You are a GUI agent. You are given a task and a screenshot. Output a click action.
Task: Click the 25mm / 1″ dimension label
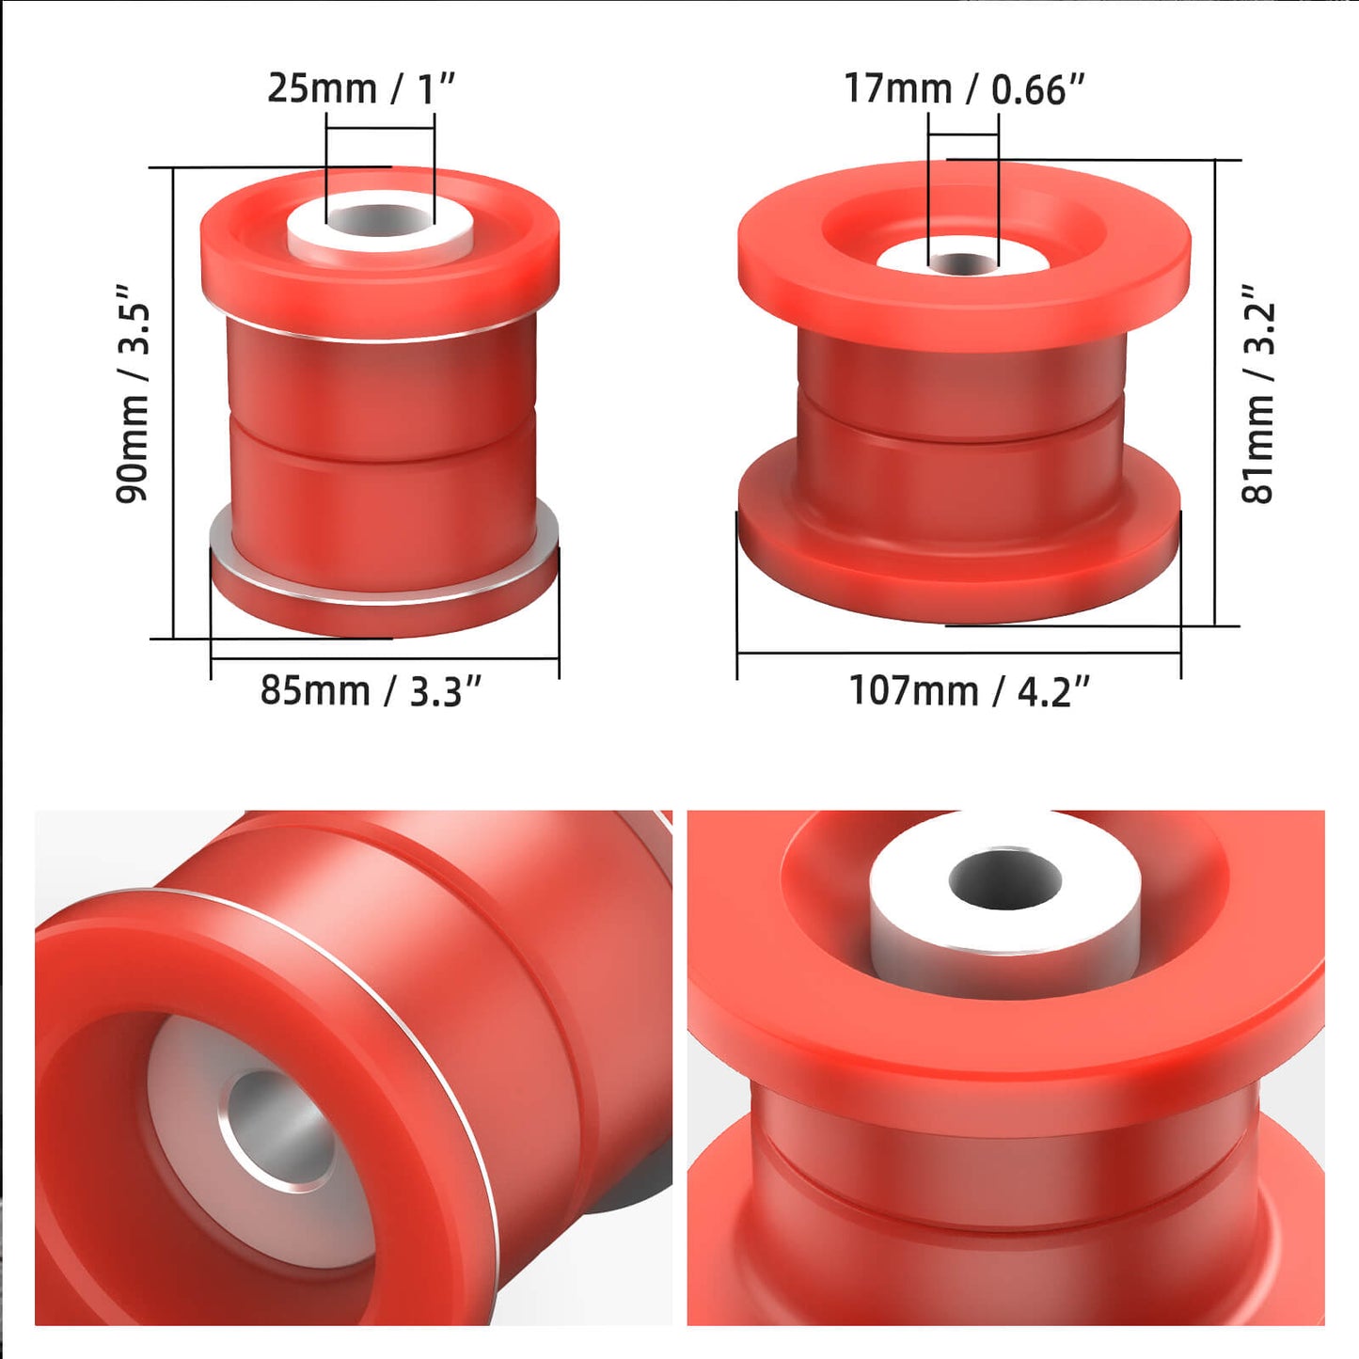coord(360,88)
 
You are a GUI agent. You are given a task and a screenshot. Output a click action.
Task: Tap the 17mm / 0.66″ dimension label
coord(964,88)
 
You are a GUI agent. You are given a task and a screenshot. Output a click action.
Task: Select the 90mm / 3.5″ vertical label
coord(133,394)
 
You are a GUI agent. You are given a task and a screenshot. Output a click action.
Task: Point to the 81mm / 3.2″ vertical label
coord(1258,394)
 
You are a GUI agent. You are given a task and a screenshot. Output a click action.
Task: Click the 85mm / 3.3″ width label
coord(371,690)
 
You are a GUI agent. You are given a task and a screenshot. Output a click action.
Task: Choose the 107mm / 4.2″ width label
coord(969,690)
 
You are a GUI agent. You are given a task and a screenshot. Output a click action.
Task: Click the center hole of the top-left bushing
coord(381,222)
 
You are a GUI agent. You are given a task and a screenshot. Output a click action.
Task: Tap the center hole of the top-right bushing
coord(963,263)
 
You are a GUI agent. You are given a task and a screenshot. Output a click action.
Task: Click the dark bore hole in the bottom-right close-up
coord(1004,879)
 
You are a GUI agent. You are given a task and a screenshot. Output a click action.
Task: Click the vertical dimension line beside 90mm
coord(174,404)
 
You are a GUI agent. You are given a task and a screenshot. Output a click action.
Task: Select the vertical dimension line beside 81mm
coord(1215,393)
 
